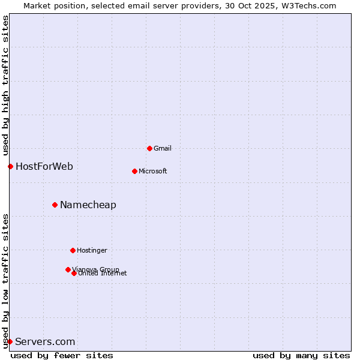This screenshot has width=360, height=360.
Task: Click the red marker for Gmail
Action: point(149,148)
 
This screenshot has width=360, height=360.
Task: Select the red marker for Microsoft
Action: point(134,171)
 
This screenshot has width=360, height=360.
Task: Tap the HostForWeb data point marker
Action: point(10,166)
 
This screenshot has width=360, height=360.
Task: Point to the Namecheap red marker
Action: point(55,205)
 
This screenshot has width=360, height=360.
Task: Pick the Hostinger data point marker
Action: point(73,250)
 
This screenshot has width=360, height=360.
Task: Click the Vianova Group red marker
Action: point(68,269)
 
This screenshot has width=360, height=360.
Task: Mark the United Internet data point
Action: point(74,273)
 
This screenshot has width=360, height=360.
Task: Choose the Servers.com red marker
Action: point(10,341)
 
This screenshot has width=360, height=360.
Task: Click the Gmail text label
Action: point(163,148)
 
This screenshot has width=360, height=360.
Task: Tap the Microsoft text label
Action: point(153,171)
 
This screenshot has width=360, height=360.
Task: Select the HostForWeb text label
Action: point(44,166)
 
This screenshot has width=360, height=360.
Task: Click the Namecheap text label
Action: point(88,205)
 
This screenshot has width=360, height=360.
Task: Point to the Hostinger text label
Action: point(92,250)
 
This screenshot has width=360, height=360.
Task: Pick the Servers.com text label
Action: point(45,341)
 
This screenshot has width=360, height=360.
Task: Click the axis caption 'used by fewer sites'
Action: point(62,355)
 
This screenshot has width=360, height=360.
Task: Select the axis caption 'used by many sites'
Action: point(301,355)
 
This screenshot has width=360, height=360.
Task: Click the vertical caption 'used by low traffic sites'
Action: point(5,280)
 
